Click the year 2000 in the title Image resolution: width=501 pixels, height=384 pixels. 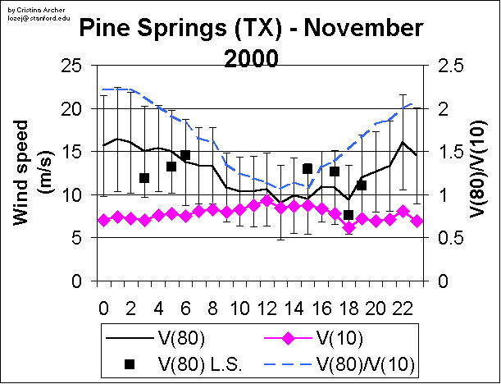[250, 59]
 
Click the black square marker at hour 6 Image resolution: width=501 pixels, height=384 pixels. [185, 155]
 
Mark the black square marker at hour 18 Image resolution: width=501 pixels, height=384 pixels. [348, 215]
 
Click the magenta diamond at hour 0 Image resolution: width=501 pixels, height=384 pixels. [103, 220]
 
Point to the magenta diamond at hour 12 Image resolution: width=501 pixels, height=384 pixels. [266, 202]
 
